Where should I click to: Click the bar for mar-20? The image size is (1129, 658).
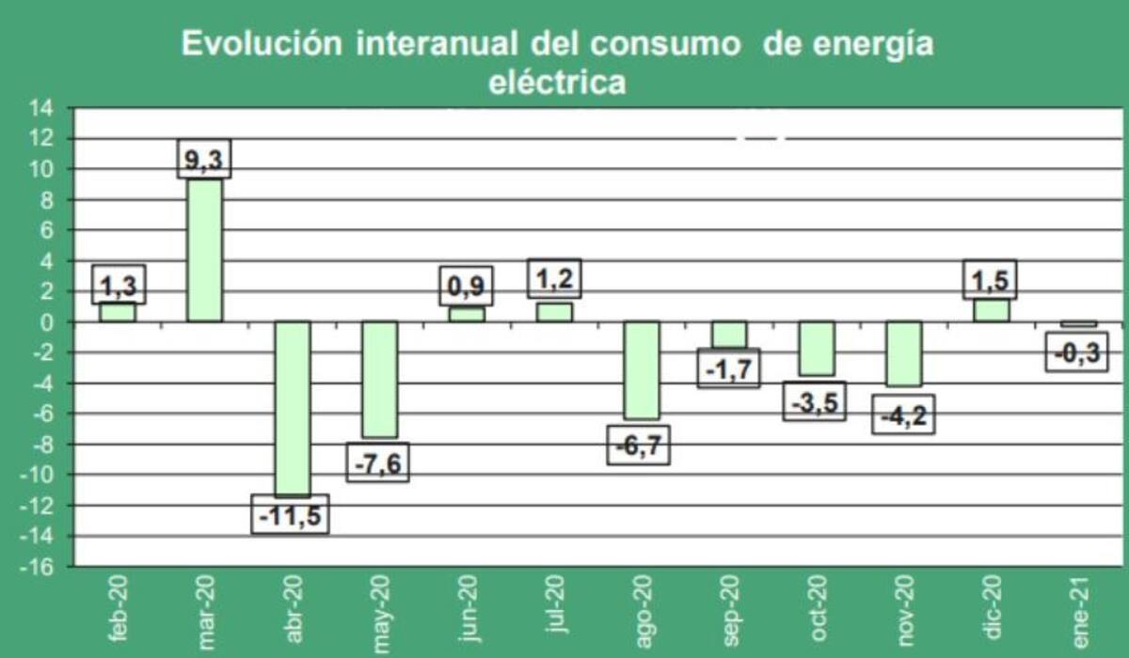pyautogui.click(x=204, y=250)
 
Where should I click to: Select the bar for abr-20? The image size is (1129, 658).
pyautogui.click(x=292, y=408)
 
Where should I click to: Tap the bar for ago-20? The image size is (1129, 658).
pyautogui.click(x=642, y=369)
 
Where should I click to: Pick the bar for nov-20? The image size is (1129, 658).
pyautogui.click(x=904, y=353)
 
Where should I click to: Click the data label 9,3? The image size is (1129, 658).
pyautogui.click(x=204, y=160)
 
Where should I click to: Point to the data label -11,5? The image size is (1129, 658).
pyautogui.click(x=291, y=514)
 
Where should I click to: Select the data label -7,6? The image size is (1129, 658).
pyautogui.click(x=378, y=462)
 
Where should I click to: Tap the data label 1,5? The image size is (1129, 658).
pyautogui.click(x=991, y=279)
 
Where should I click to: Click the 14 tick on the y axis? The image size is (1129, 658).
pyautogui.click(x=42, y=108)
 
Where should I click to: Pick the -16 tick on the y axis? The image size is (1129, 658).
pyautogui.click(x=39, y=567)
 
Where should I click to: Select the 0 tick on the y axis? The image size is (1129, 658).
pyautogui.click(x=46, y=322)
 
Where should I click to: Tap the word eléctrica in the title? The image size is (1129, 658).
pyautogui.click(x=557, y=83)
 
